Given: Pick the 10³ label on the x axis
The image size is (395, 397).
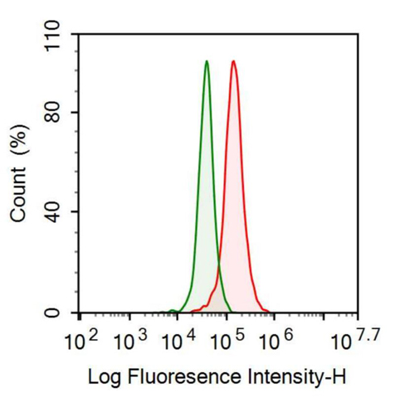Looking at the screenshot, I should tap(129, 340).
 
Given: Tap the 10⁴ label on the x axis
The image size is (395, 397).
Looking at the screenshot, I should tap(178, 340).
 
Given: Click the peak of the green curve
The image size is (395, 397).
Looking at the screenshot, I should tap(207, 61).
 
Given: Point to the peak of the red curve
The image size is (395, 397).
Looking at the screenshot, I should tap(234, 61).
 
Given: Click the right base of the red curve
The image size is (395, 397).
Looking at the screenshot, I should tap(271, 312).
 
